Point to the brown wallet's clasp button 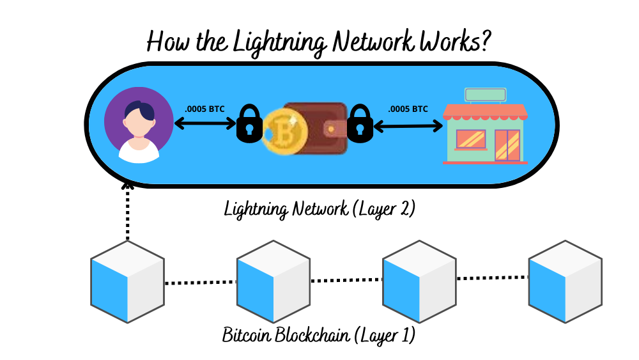(x=331, y=129)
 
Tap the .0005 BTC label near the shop (x=408, y=109)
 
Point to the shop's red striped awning (x=486, y=113)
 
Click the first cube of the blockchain (x=128, y=281)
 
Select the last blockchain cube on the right (x=566, y=281)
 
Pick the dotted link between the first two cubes (x=201, y=282)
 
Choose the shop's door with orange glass (x=508, y=145)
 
